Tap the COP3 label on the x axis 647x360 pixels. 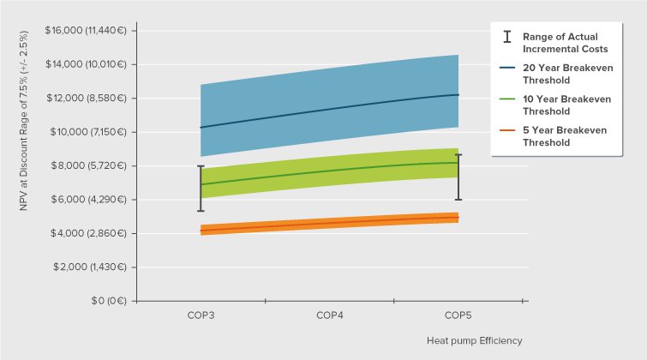tap(201, 315)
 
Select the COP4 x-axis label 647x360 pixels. tap(330, 315)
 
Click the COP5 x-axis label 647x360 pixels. tap(458, 315)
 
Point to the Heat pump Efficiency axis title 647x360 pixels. tap(474, 340)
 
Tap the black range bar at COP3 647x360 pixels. tap(201, 189)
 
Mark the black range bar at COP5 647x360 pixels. tap(458, 177)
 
